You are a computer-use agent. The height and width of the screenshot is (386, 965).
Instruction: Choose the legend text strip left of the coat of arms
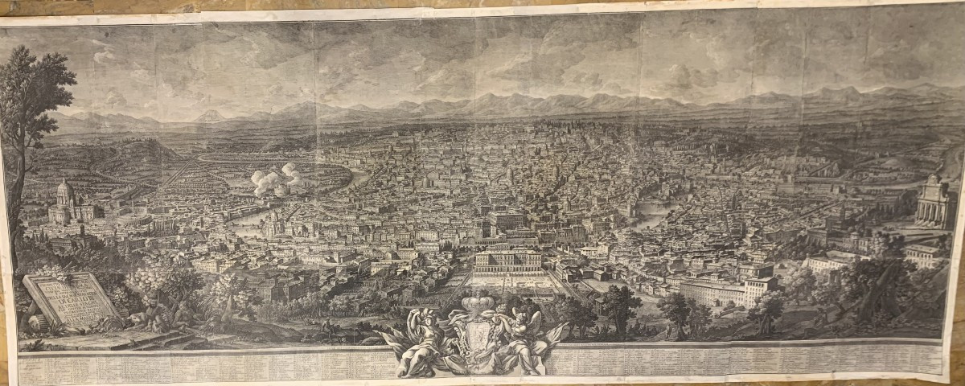pos(201,366)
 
